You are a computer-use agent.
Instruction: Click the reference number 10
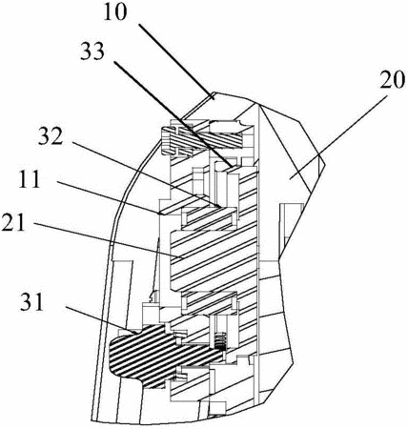(115, 12)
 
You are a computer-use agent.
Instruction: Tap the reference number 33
(92, 51)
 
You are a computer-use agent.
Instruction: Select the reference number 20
(393, 79)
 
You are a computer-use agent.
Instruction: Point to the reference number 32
(51, 135)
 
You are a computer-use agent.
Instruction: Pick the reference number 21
(13, 222)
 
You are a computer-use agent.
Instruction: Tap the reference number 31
(31, 302)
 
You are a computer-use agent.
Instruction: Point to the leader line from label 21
(108, 240)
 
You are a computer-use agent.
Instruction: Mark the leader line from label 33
(173, 113)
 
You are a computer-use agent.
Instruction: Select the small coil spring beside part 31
(221, 341)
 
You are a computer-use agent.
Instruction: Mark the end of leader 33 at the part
(233, 166)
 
